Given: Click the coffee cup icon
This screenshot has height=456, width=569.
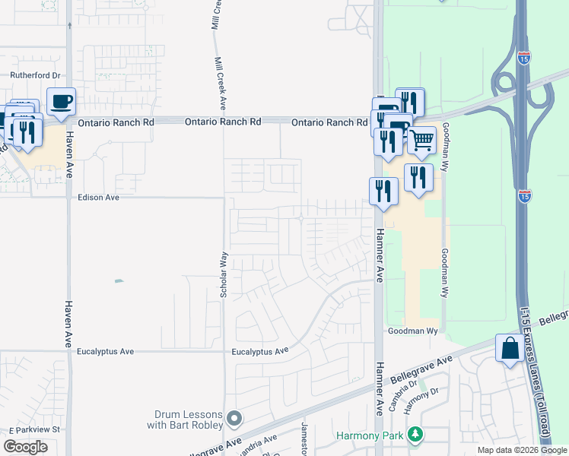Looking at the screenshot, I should (61, 101).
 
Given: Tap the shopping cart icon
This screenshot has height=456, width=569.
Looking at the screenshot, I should (421, 140).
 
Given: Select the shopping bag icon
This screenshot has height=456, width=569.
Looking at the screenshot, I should (507, 349).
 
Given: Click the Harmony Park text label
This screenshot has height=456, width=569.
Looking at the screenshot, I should (370, 436).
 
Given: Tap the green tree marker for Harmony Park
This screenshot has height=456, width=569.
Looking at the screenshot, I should (415, 435).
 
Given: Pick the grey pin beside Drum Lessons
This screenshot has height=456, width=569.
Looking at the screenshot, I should (234, 419).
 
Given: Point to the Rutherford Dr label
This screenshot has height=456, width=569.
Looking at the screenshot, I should (34, 75).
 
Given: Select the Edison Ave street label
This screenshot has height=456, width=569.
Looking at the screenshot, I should (99, 198).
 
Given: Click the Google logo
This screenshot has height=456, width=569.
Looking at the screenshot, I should (25, 446).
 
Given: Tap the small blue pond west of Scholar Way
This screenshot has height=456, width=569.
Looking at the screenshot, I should (119, 281).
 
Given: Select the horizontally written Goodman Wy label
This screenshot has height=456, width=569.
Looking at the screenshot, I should (414, 331).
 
